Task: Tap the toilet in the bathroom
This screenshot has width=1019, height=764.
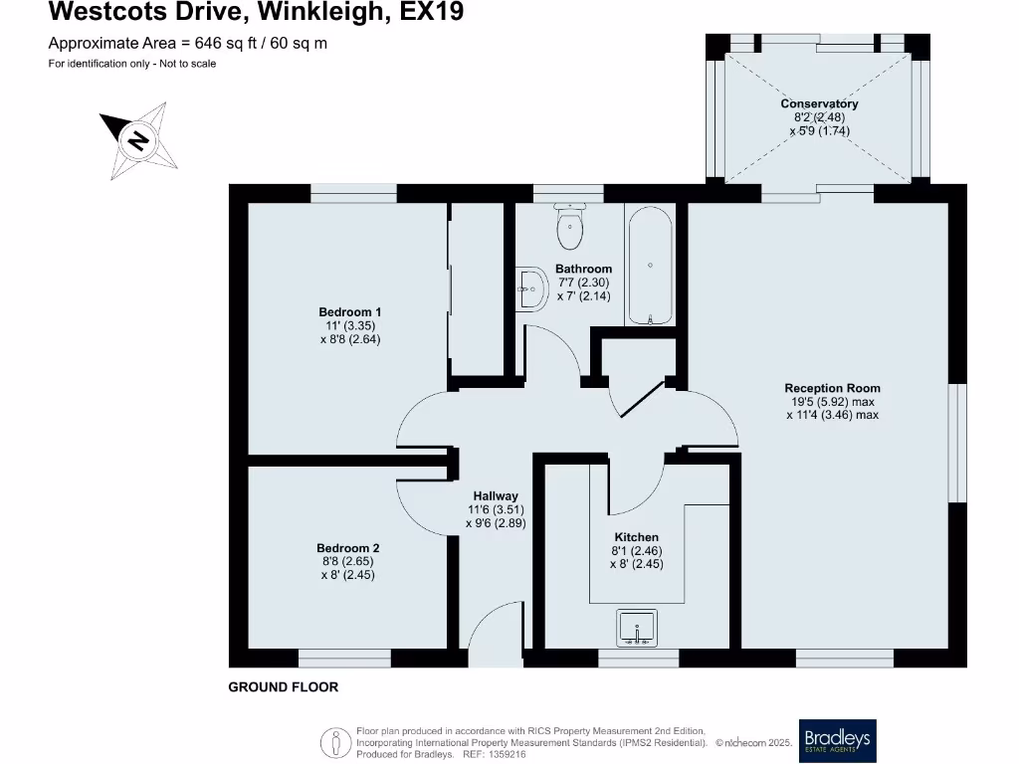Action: click(570, 228)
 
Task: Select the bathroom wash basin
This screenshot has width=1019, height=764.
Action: click(529, 289)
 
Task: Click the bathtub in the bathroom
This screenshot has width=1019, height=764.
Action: click(650, 266)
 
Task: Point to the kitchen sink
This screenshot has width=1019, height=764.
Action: click(636, 629)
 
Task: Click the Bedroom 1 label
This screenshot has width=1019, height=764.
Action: click(349, 312)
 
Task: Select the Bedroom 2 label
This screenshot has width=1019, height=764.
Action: click(347, 548)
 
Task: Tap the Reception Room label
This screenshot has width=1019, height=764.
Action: click(832, 388)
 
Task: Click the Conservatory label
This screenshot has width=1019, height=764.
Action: click(819, 103)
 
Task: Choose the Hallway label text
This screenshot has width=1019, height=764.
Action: click(495, 496)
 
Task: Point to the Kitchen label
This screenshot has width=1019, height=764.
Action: click(636, 537)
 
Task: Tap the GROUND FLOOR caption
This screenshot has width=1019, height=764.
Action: click(284, 687)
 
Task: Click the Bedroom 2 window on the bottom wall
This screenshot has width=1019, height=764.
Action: click(344, 658)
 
